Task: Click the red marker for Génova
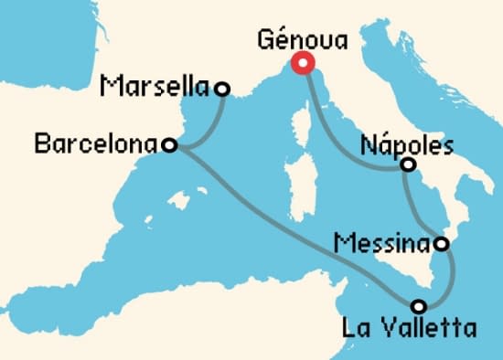[x=303, y=63]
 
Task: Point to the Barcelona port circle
[x=168, y=144]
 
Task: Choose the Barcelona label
[x=95, y=143]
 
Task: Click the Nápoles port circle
[x=408, y=165]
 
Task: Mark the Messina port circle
[x=441, y=244]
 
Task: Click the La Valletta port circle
[x=418, y=305]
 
